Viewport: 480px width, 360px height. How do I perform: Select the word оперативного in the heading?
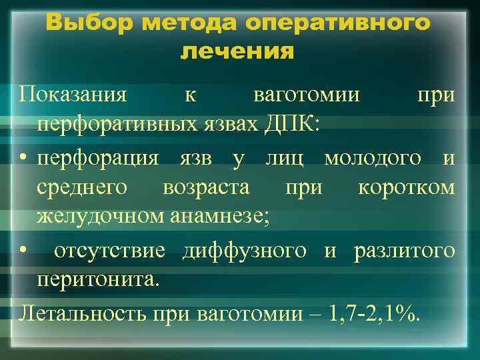pyautogui.click(x=338, y=23)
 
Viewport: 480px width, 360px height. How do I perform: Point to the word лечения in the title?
pyautogui.click(x=237, y=52)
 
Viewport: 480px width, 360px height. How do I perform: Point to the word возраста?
pyautogui.click(x=206, y=187)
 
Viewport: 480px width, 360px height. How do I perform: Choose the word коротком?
pyautogui.click(x=407, y=187)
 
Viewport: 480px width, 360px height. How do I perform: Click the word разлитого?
pyautogui.click(x=405, y=251)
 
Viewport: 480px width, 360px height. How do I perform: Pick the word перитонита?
pyautogui.click(x=98, y=279)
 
